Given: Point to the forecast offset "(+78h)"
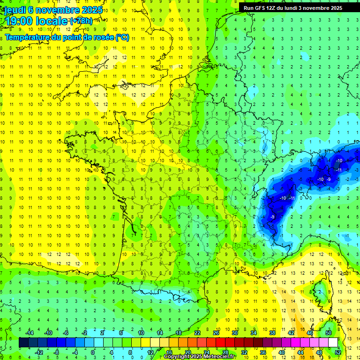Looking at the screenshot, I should pos(81,22).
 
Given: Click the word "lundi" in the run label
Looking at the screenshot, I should pos(294,8).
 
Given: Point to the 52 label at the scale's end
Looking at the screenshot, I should pos(338,352).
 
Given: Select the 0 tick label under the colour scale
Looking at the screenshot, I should pos(93,352).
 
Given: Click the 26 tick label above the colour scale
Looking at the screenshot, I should pos(216,333).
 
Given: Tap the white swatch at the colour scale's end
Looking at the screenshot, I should pos(333,343).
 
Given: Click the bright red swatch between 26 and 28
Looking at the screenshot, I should pos(221,343).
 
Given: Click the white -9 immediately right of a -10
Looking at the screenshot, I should pos(329,180).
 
